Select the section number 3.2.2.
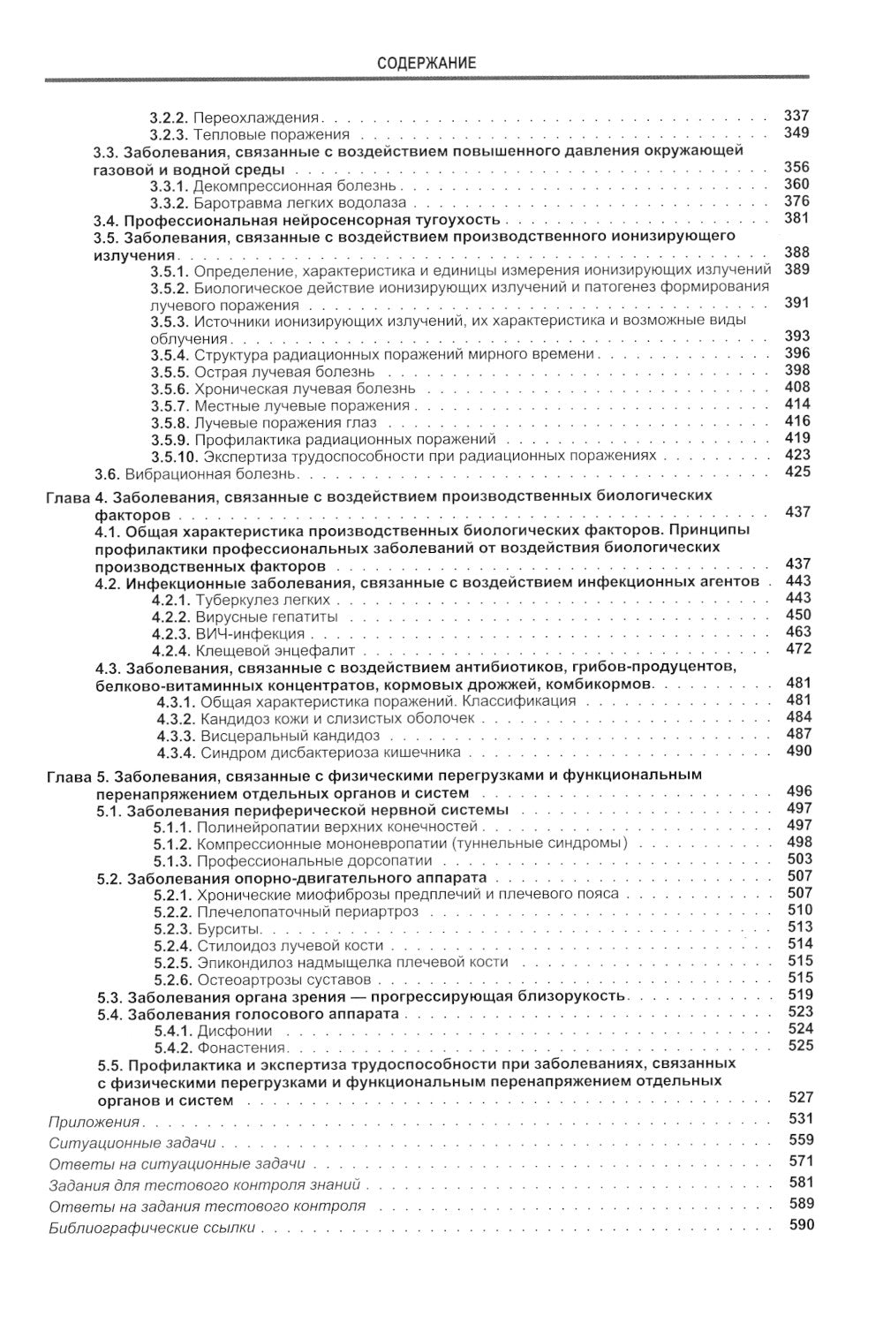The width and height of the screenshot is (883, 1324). click(x=169, y=117)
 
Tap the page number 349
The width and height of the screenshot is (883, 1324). click(x=796, y=133)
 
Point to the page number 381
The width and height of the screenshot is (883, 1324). click(x=796, y=218)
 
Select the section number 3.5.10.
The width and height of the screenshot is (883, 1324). click(x=174, y=456)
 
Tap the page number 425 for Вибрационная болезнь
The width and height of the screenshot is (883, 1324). click(x=796, y=472)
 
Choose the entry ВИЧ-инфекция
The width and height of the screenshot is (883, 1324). click(x=250, y=633)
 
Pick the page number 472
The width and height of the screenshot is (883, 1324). click(x=797, y=649)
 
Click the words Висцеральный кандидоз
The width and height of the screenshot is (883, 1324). click(x=290, y=735)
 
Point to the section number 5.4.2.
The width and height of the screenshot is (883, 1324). click(x=172, y=1048)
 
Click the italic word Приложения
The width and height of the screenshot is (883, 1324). click(x=95, y=1122)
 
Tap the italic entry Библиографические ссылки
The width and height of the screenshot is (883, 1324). click(x=152, y=1228)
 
